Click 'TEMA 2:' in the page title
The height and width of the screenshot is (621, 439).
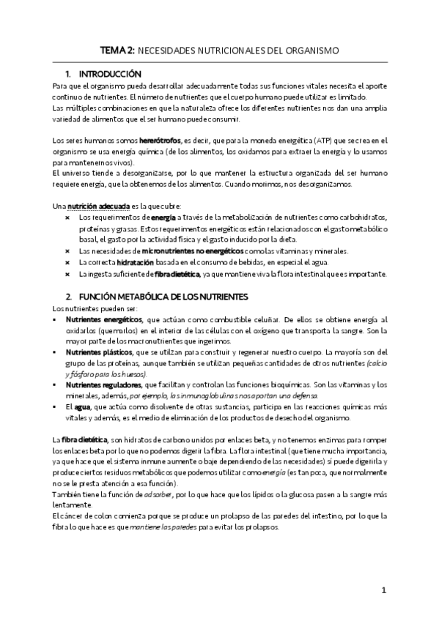(x=117, y=51)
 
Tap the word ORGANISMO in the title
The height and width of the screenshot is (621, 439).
(x=311, y=51)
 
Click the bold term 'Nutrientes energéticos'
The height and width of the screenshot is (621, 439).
(x=104, y=320)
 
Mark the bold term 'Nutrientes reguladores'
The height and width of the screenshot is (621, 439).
(x=104, y=385)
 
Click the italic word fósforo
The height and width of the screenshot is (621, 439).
(x=77, y=374)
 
